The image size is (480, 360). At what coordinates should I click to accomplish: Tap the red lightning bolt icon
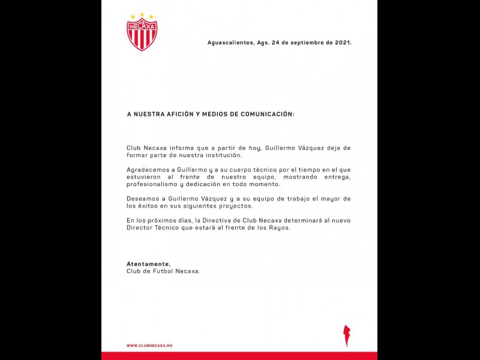point(346,335)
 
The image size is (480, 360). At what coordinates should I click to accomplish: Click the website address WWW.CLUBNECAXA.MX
point(149,346)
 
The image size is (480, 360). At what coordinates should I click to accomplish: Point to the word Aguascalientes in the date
point(230,43)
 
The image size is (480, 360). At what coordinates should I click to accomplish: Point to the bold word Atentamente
point(148,263)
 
